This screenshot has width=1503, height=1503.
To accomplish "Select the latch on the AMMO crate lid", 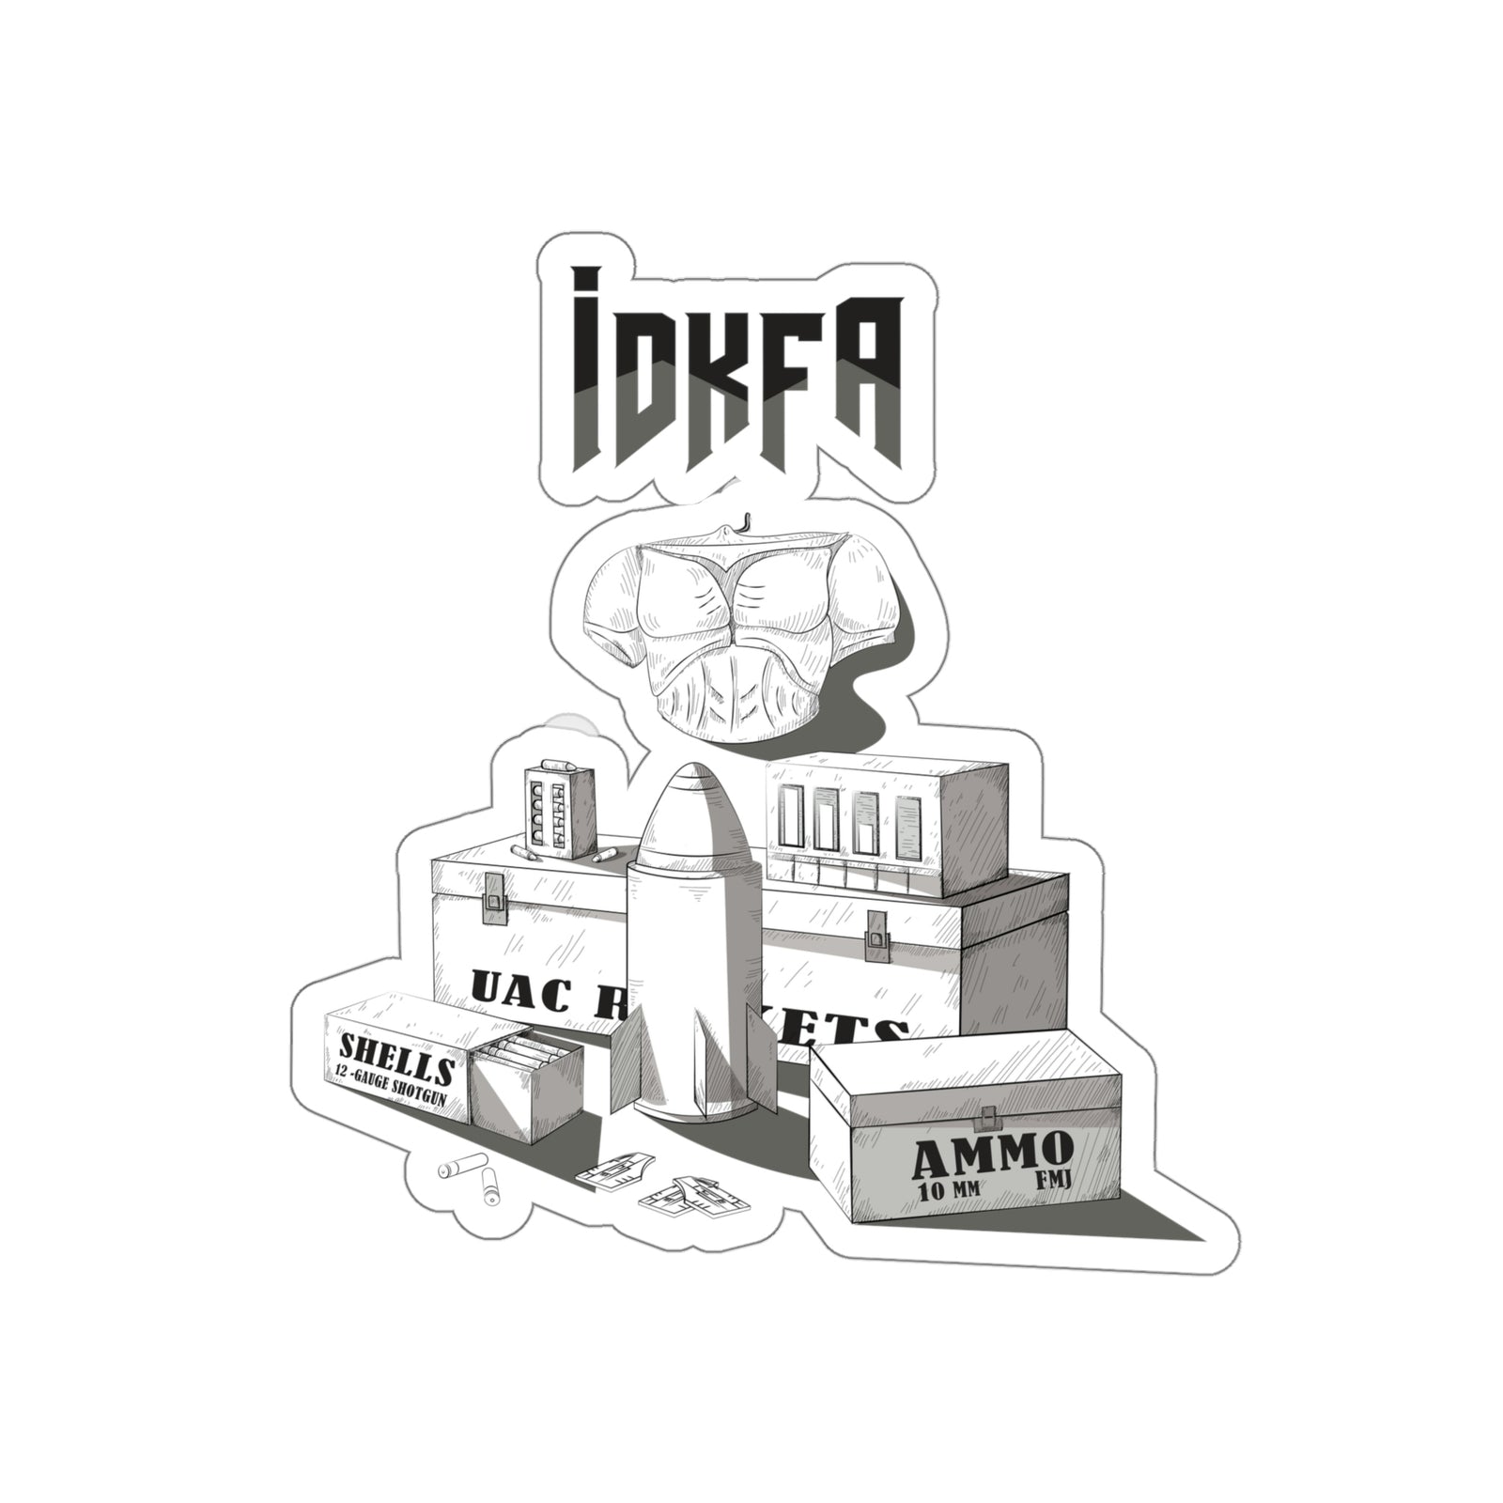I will pyautogui.click(x=987, y=1117).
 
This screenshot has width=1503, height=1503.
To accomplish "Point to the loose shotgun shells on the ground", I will pyautogui.click(x=471, y=1180).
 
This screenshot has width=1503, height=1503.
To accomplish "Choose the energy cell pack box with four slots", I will pyautogui.click(x=860, y=823).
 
